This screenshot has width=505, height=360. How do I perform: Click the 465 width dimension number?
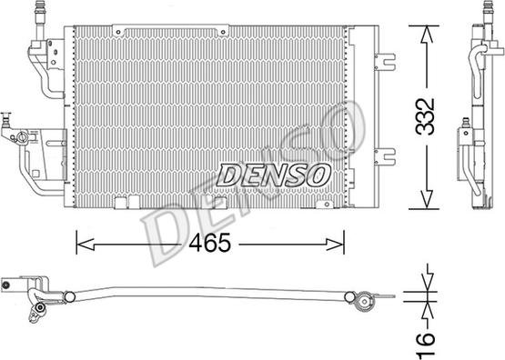(x=210, y=243)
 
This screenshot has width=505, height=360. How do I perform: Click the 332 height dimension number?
(x=425, y=116)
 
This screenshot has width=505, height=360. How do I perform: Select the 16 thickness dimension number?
(x=426, y=345)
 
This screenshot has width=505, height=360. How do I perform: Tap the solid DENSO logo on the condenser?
(x=274, y=175)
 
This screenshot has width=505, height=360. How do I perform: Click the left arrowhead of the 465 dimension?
(x=86, y=245)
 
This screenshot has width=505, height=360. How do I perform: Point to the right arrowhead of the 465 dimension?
(x=335, y=245)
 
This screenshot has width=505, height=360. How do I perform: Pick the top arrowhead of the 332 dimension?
(x=426, y=35)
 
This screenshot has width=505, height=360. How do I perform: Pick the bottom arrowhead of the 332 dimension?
(x=426, y=199)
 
